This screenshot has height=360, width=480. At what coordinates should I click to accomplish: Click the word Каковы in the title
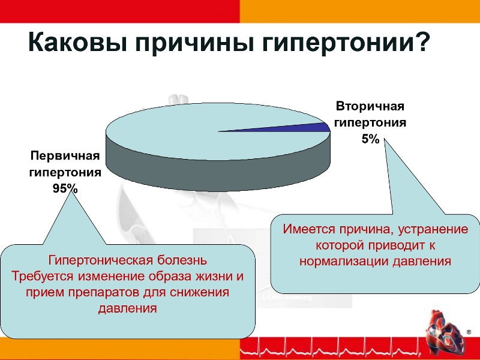78,43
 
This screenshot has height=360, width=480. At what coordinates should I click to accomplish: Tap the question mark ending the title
421,42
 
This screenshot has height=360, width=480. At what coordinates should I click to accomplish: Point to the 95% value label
65,188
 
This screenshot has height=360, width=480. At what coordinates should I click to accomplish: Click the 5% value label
370,139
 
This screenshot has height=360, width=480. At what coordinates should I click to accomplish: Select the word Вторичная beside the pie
370,106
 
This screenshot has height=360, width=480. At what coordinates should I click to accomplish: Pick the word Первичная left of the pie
65,155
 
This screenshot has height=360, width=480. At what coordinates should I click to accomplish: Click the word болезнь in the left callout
182,260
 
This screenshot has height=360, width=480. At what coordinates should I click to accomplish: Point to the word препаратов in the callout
104,292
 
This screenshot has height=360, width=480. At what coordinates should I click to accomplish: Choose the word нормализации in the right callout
344,261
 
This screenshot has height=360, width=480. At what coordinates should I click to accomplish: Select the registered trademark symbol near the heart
469,332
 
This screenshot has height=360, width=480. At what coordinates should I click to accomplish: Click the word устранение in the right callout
433,229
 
